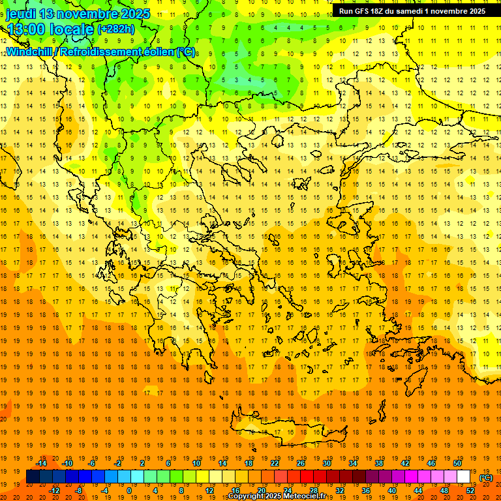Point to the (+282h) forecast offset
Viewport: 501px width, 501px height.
(117, 29)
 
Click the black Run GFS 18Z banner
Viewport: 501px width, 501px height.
(412, 11)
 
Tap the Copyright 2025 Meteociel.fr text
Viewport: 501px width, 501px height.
(277, 496)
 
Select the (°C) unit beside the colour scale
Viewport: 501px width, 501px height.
(486, 478)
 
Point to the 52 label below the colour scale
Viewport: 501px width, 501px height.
(470, 491)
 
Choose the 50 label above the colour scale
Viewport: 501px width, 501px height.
(457, 463)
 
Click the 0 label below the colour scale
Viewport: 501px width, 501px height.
(129, 491)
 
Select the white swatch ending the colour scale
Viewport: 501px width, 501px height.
(463, 477)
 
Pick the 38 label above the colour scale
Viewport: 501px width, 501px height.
(379, 463)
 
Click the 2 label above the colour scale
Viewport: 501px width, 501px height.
(142, 463)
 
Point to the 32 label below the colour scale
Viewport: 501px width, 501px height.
(339, 491)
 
